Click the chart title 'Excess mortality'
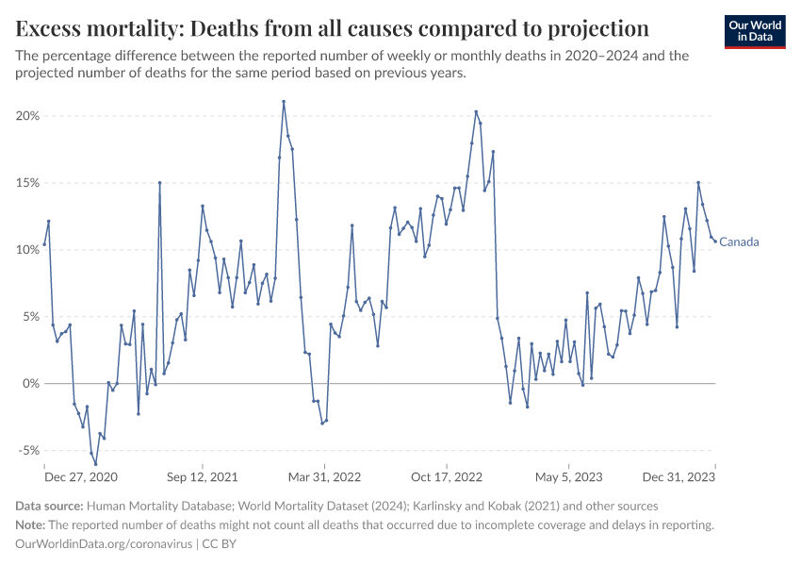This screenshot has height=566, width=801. click(x=333, y=25)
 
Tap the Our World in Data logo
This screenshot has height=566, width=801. click(x=755, y=31)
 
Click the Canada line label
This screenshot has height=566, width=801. click(x=739, y=242)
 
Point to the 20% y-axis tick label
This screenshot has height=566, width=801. click(x=27, y=116)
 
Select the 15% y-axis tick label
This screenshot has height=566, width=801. click(x=27, y=183)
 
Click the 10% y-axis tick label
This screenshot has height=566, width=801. click(x=27, y=250)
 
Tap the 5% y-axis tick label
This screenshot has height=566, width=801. click(x=31, y=317)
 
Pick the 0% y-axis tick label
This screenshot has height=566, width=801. click(x=31, y=384)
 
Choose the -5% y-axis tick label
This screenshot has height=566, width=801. click(x=28, y=451)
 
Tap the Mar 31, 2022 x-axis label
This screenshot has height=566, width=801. click(x=324, y=478)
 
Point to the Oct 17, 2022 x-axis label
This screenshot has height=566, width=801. click(x=446, y=478)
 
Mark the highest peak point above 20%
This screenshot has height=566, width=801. click(x=284, y=102)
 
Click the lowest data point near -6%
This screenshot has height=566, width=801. click(x=95, y=464)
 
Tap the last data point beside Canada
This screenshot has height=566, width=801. click(x=715, y=241)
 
